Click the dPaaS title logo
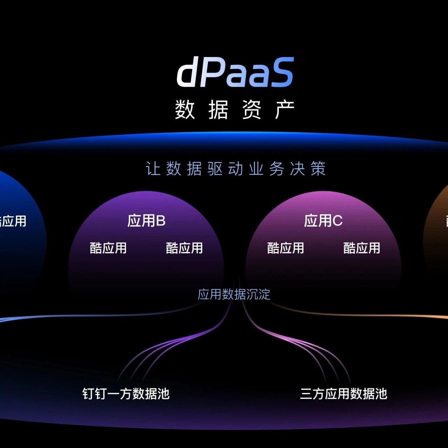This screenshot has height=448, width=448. click(x=235, y=73)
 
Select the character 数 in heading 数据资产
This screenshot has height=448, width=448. click(x=185, y=110)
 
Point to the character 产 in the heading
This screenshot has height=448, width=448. click(x=285, y=110)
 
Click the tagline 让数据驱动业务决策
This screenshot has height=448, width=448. click(x=235, y=169)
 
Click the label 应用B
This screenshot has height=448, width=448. click(x=146, y=221)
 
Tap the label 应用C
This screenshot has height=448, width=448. click(x=323, y=221)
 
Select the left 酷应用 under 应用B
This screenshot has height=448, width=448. click(x=108, y=248)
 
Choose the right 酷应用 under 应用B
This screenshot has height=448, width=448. click(x=184, y=248)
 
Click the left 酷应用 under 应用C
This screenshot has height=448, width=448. click(x=286, y=248)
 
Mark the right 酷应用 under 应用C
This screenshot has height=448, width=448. click(x=362, y=248)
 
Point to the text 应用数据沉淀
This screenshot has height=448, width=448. click(x=234, y=294)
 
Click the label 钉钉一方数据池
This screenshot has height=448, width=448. click(x=126, y=394)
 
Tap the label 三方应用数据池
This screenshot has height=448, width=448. click(x=344, y=394)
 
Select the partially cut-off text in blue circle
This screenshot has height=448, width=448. click(x=13, y=221)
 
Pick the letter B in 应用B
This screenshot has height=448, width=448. click(x=161, y=221)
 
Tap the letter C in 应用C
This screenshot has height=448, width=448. click(x=337, y=221)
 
